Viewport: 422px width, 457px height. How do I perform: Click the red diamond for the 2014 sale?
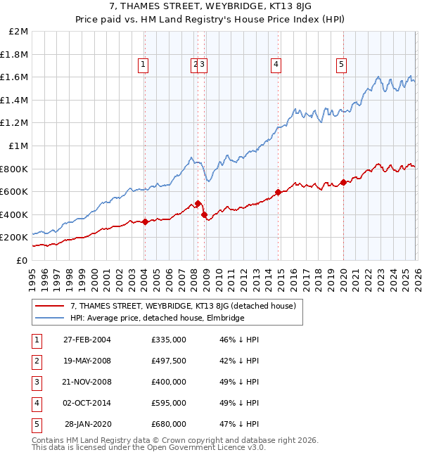coord(279,192)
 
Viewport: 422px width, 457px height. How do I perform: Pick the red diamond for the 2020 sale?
coord(343,182)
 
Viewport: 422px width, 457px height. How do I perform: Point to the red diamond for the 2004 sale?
coord(145,221)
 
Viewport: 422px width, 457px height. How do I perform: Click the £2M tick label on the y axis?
coord(19,32)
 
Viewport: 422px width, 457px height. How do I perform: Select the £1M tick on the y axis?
coord(19,146)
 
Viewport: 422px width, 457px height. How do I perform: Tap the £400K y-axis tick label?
coord(15,214)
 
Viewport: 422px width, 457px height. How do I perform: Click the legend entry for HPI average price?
coord(157,318)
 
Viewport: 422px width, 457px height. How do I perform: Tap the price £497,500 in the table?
coord(169,361)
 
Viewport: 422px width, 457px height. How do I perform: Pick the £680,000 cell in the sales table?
coord(169,424)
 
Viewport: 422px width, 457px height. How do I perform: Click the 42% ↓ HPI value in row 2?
coord(239,361)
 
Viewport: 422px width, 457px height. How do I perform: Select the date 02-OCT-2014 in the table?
coord(87,403)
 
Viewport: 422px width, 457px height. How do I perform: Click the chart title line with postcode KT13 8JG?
coord(211,8)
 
